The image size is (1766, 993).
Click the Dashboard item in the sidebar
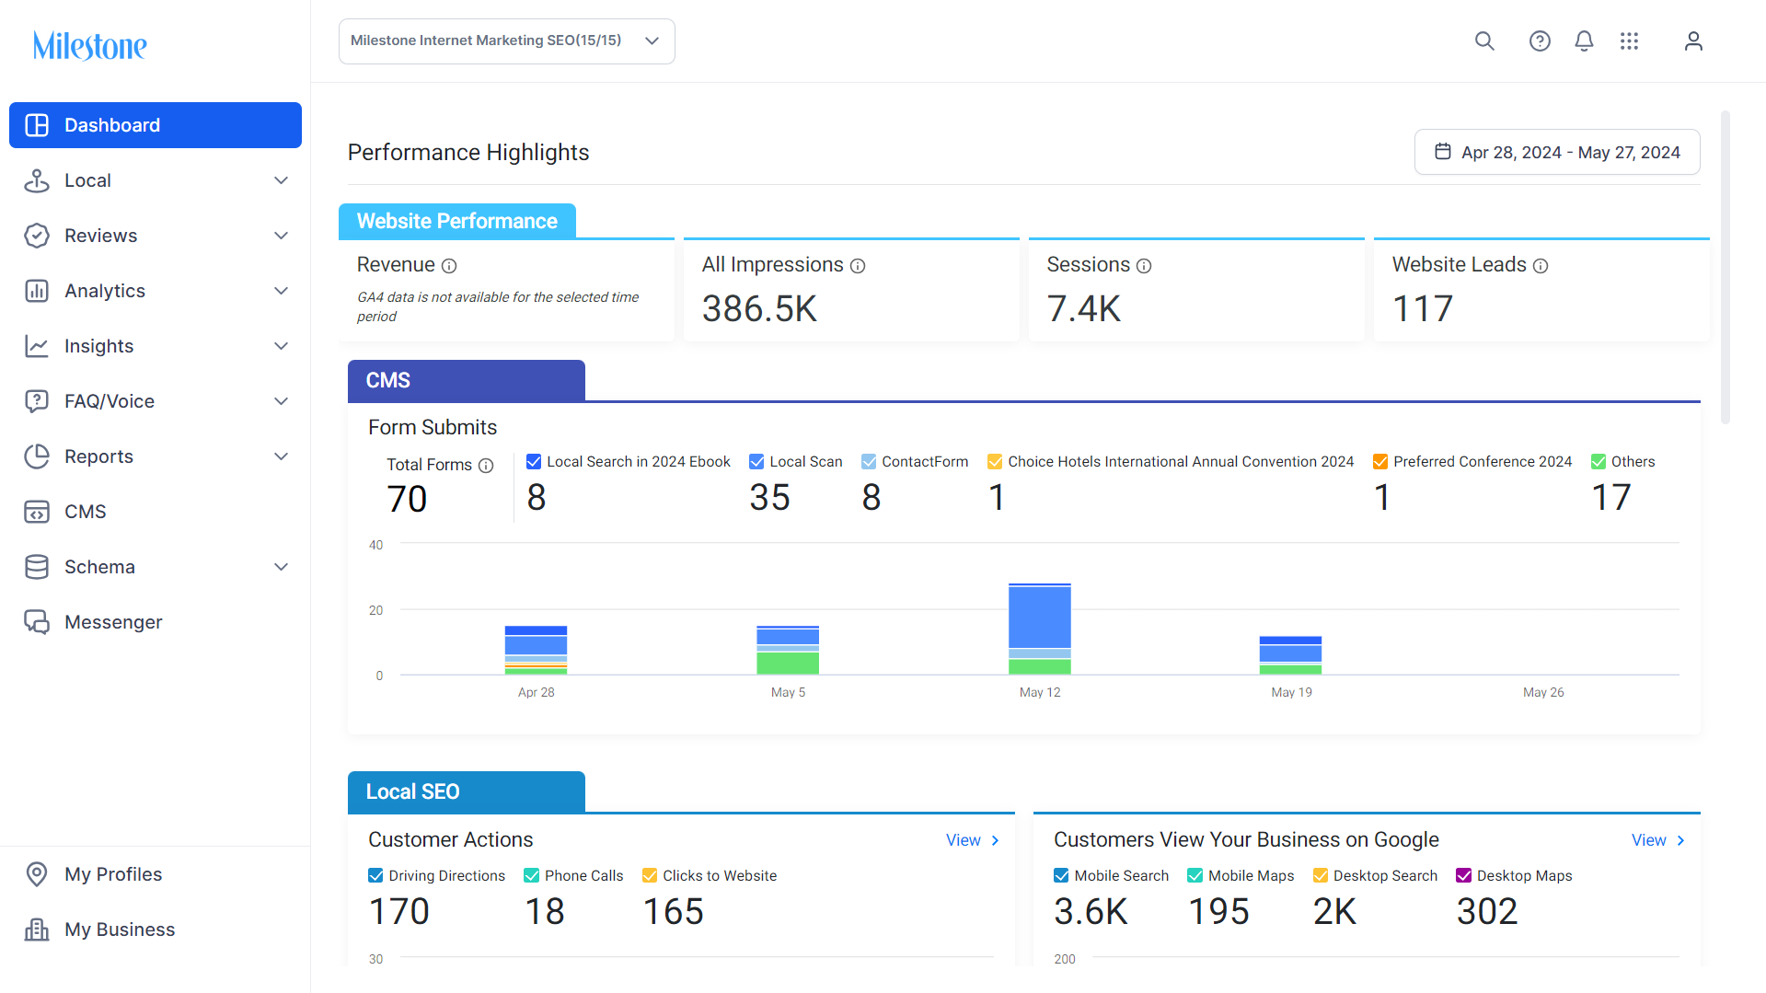(x=156, y=125)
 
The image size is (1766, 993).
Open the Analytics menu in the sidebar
(x=156, y=291)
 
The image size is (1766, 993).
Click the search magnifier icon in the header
(x=1484, y=41)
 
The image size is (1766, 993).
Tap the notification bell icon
(x=1584, y=41)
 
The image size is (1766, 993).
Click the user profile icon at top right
(x=1693, y=41)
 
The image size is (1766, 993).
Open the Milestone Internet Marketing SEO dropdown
(x=507, y=41)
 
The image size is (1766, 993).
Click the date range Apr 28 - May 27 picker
(x=1557, y=152)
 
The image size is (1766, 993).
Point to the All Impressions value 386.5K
(x=759, y=309)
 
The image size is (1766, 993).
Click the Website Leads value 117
(x=1423, y=309)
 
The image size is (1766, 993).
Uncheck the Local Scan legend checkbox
(x=756, y=462)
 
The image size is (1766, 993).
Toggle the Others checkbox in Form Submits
(x=1599, y=462)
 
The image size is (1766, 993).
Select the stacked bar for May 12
(x=1040, y=629)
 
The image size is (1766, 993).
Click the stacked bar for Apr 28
(x=537, y=650)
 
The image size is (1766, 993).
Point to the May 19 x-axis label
(x=1292, y=692)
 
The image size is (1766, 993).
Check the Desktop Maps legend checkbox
(x=1464, y=876)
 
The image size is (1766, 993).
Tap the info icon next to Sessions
(x=1144, y=266)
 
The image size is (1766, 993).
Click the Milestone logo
(x=89, y=45)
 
